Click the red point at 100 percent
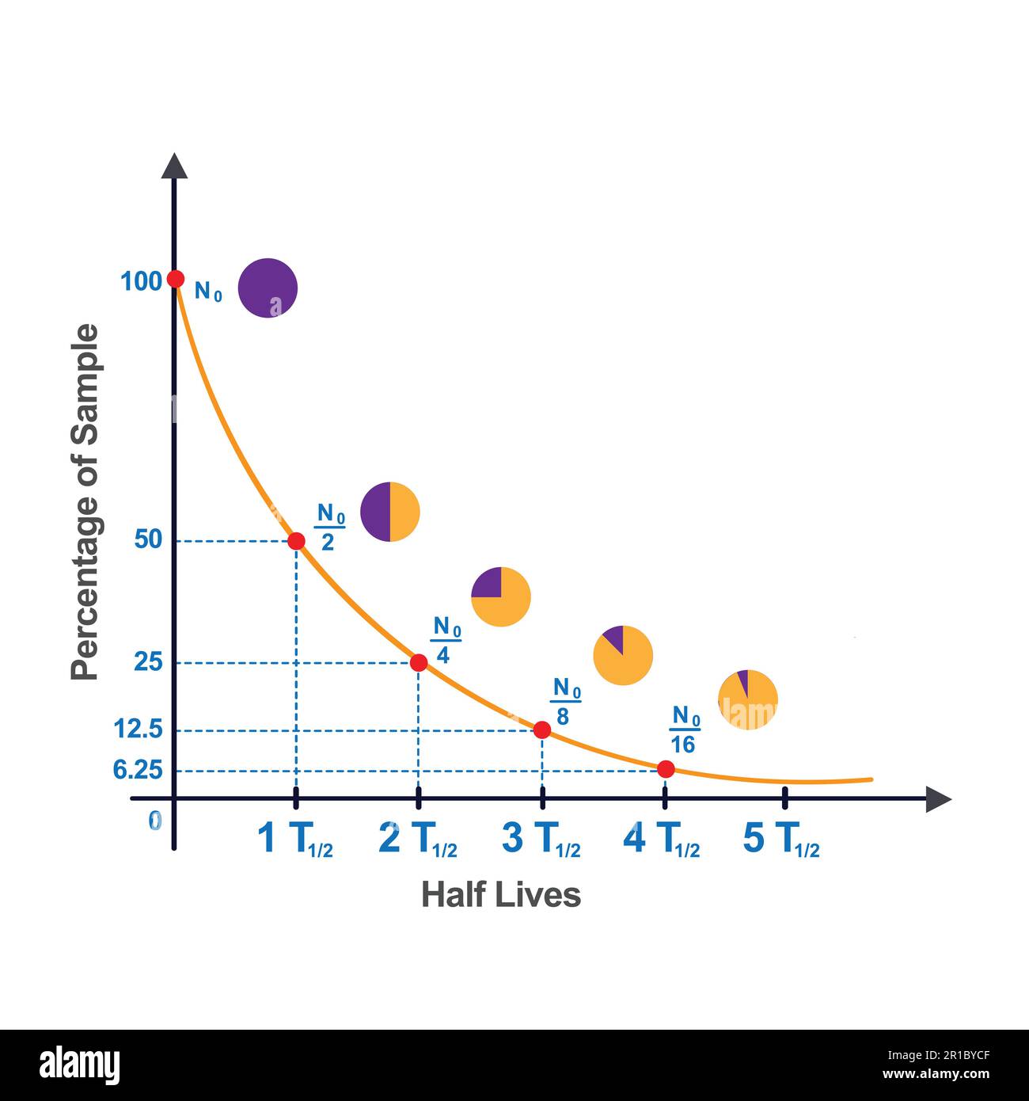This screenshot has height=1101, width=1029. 176,279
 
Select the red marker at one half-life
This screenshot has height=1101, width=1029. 296,541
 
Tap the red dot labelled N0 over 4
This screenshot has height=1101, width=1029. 419,663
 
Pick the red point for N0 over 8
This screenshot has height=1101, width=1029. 542,730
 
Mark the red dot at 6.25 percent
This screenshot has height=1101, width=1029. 666,768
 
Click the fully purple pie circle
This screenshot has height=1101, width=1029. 268,288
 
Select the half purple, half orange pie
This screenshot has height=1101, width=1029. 389,512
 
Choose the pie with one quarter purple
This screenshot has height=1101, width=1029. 500,597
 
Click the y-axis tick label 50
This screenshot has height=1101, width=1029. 148,540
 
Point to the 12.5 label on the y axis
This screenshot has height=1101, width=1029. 139,729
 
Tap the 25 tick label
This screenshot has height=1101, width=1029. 148,662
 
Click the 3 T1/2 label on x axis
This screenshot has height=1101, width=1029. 541,840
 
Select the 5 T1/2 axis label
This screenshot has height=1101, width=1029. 781,840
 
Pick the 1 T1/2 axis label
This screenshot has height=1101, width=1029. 295,840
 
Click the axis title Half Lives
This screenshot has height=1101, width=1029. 501,895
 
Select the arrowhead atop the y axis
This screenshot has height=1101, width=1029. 174,166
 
